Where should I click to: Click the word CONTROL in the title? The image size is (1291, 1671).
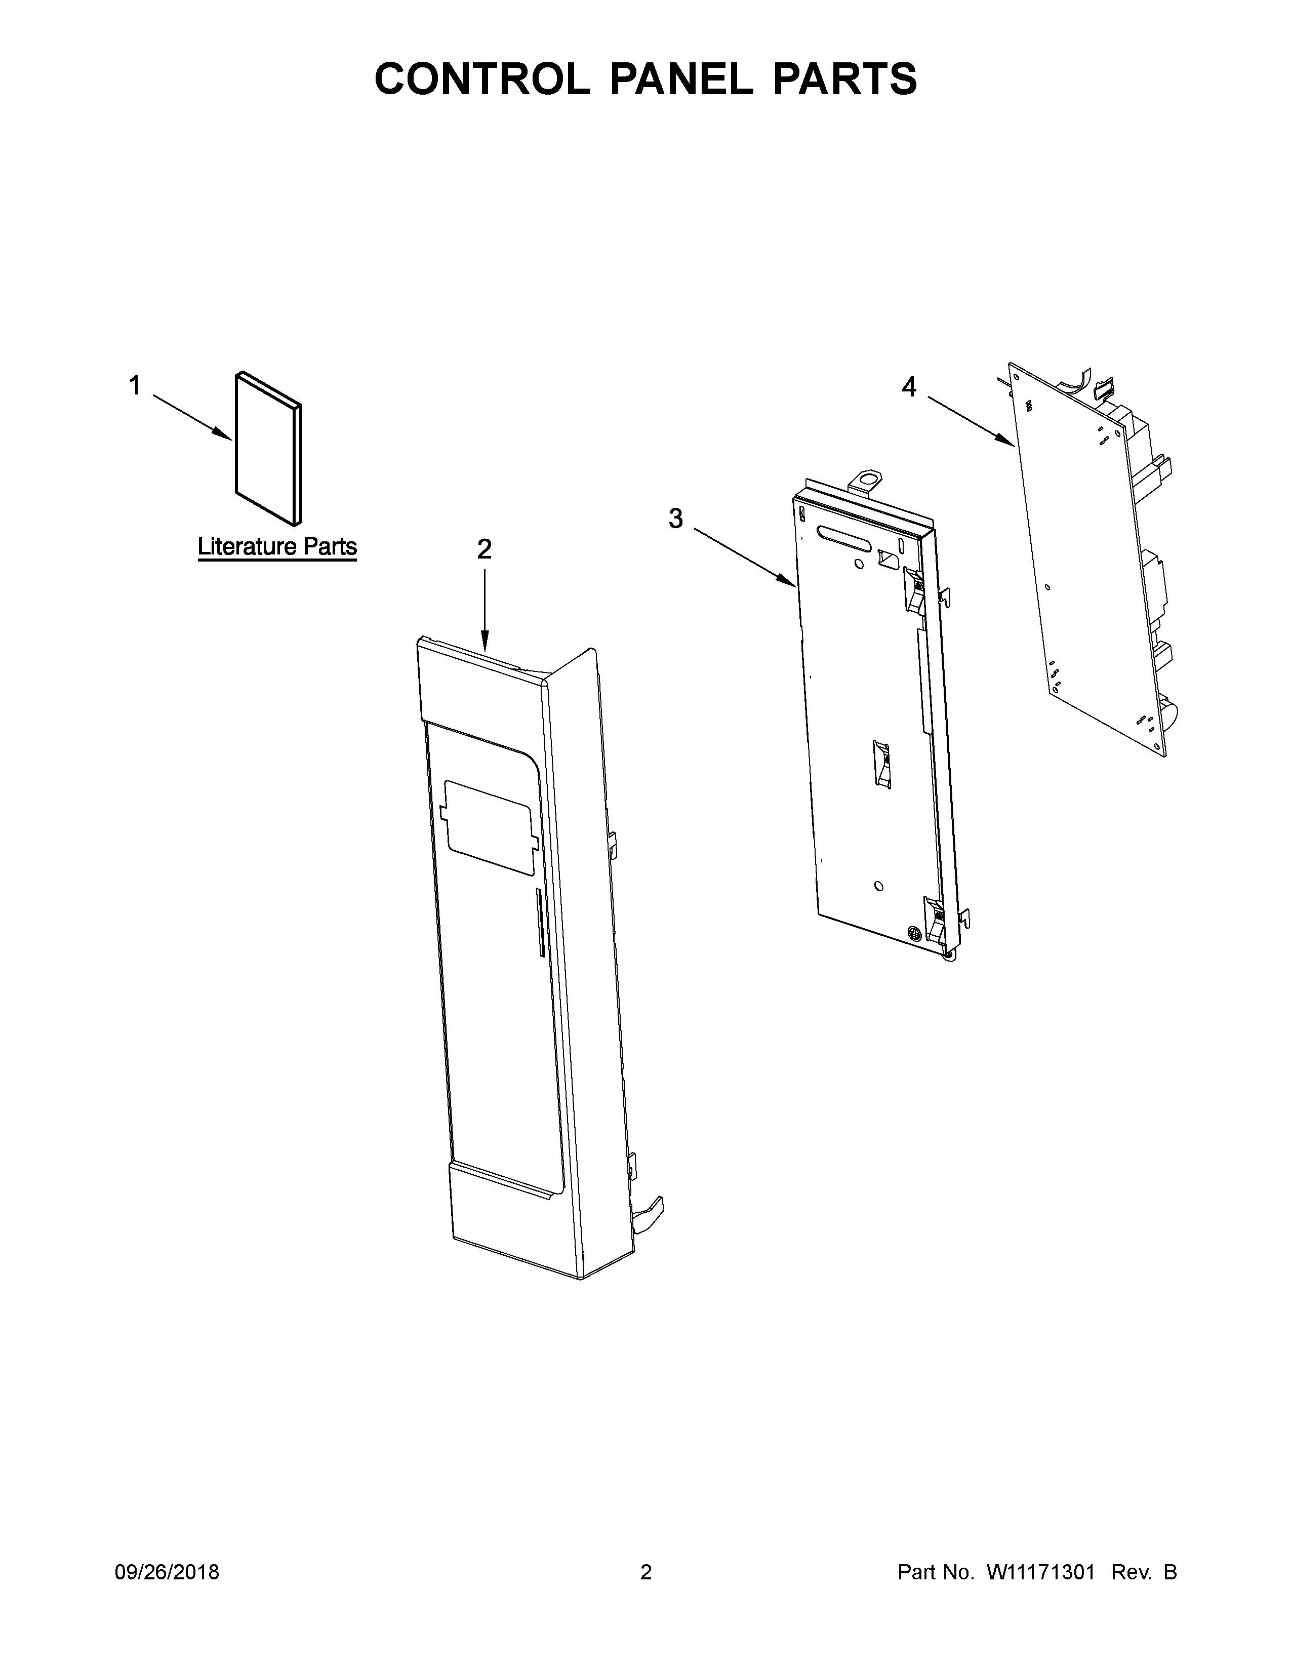(x=482, y=79)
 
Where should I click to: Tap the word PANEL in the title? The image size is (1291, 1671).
(x=682, y=79)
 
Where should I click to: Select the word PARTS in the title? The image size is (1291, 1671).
(x=845, y=79)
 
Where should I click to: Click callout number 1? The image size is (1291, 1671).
(x=135, y=386)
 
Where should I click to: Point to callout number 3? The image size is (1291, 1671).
(x=675, y=518)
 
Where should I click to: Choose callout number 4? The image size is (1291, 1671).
(x=909, y=387)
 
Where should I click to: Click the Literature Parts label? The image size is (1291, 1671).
(x=277, y=546)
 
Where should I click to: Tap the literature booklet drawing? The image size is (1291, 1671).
(x=268, y=449)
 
